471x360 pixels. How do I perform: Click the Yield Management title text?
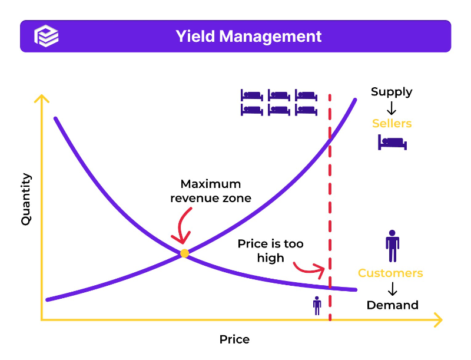[x=248, y=36]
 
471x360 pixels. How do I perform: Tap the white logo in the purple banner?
[x=47, y=36]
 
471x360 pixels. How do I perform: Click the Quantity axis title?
[x=26, y=199]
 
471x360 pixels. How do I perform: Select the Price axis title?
[x=234, y=339]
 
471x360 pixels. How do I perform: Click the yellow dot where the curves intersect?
[x=184, y=253]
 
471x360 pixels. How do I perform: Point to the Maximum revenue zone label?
[x=210, y=191]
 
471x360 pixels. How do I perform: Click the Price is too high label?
[x=270, y=250]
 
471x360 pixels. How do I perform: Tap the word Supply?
[x=392, y=91]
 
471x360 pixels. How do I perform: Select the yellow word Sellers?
[x=392, y=124]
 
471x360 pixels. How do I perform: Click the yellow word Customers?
[x=390, y=273]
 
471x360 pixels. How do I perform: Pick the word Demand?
[x=392, y=305]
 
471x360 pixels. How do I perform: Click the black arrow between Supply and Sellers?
[x=392, y=108]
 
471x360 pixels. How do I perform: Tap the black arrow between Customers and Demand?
[x=392, y=289]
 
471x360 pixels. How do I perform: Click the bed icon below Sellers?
[x=392, y=142]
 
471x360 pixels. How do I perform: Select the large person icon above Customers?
[x=392, y=245]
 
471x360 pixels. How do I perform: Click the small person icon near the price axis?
[x=317, y=305]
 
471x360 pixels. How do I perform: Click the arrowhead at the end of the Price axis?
[x=438, y=320]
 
